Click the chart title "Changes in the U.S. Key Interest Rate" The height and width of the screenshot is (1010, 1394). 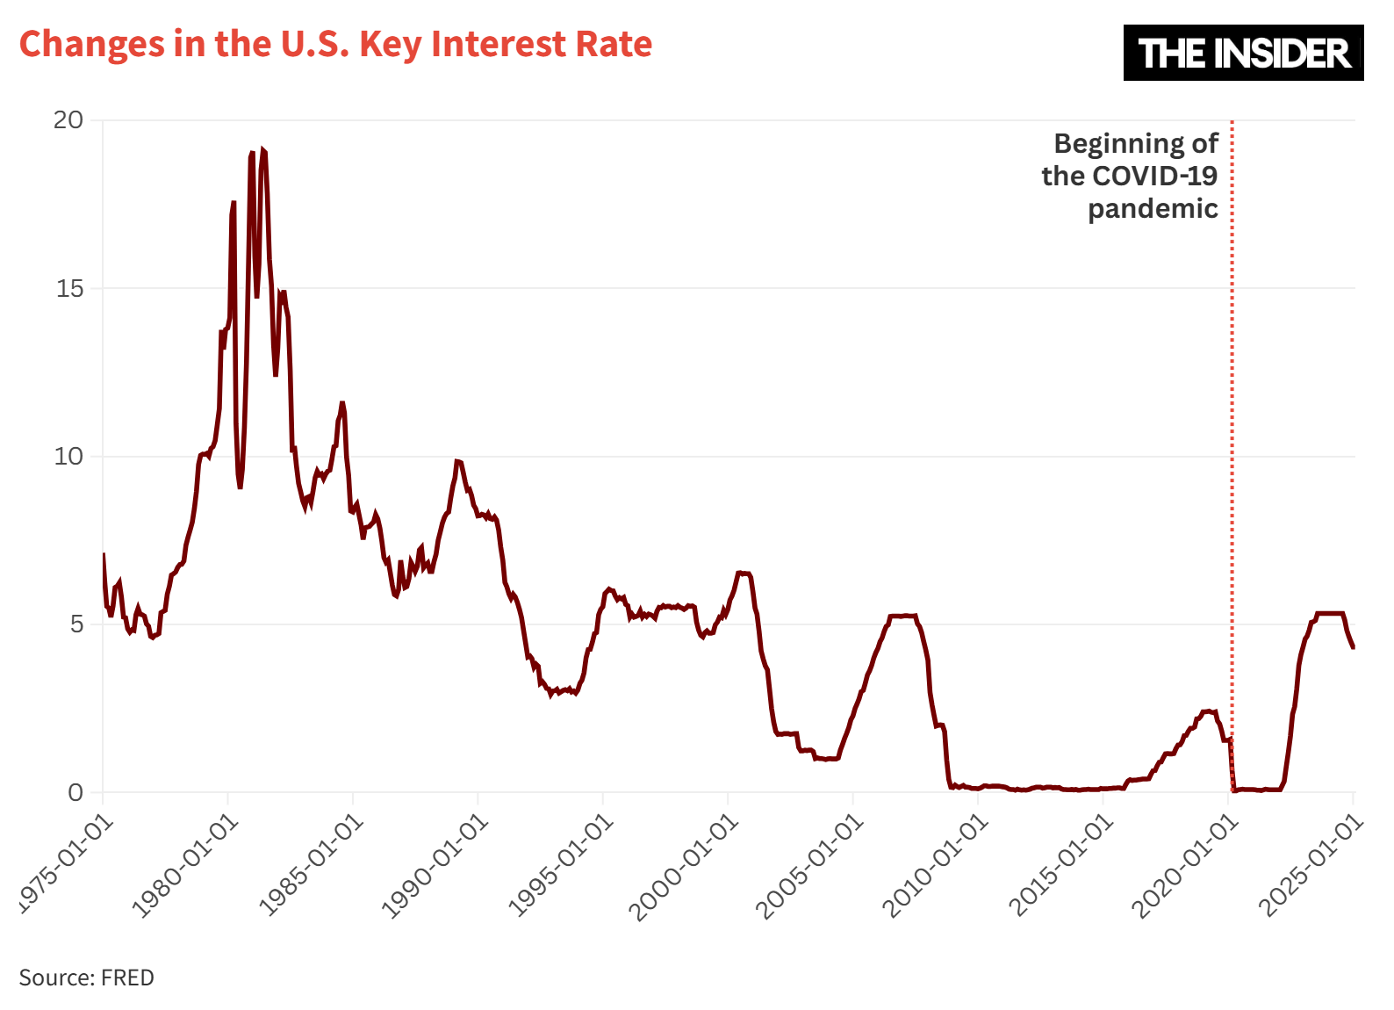[x=335, y=44]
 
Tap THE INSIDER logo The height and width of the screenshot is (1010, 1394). [x=1243, y=53]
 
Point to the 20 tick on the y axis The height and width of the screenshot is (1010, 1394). [x=68, y=120]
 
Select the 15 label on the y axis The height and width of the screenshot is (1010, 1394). [x=69, y=288]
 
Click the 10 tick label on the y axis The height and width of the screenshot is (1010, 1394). [x=68, y=457]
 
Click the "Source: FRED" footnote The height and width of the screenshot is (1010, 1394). [x=86, y=978]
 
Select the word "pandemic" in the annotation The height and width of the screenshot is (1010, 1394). [x=1153, y=209]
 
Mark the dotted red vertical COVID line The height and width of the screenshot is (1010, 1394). [x=1232, y=439]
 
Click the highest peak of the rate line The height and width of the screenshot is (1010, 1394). [x=262, y=151]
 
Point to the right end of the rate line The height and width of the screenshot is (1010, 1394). [x=1353, y=647]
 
